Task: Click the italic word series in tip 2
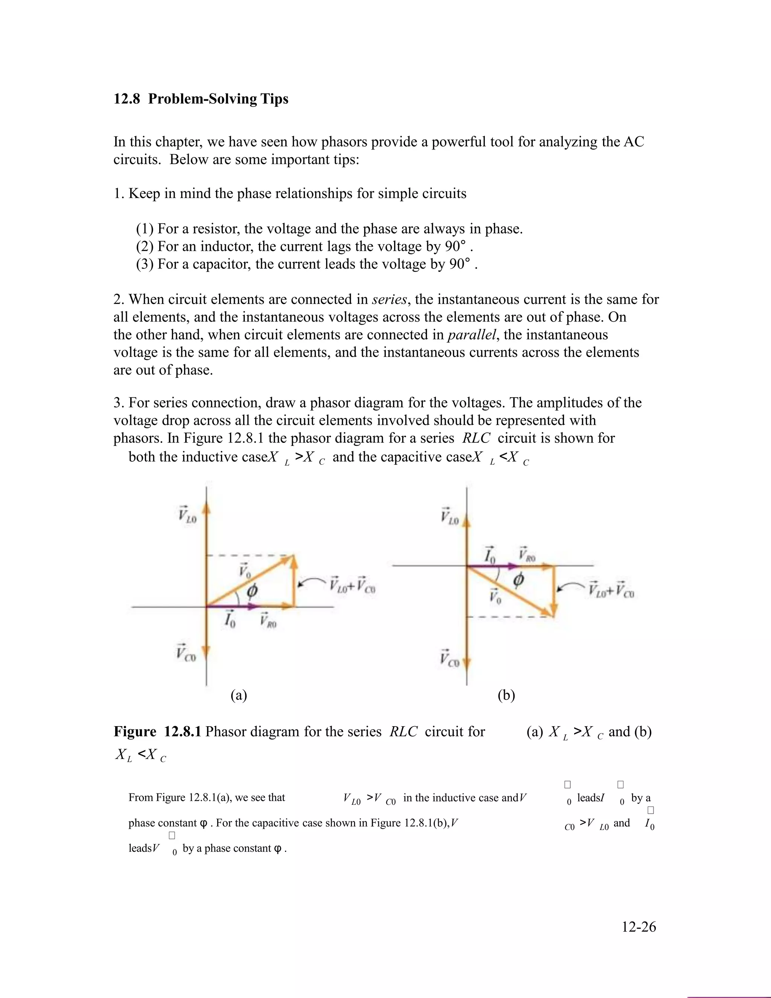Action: tap(389, 300)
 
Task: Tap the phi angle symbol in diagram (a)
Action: tap(252, 591)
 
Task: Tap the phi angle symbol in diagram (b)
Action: tap(518, 581)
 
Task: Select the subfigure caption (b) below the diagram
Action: tap(506, 696)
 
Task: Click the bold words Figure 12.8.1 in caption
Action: tap(158, 732)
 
